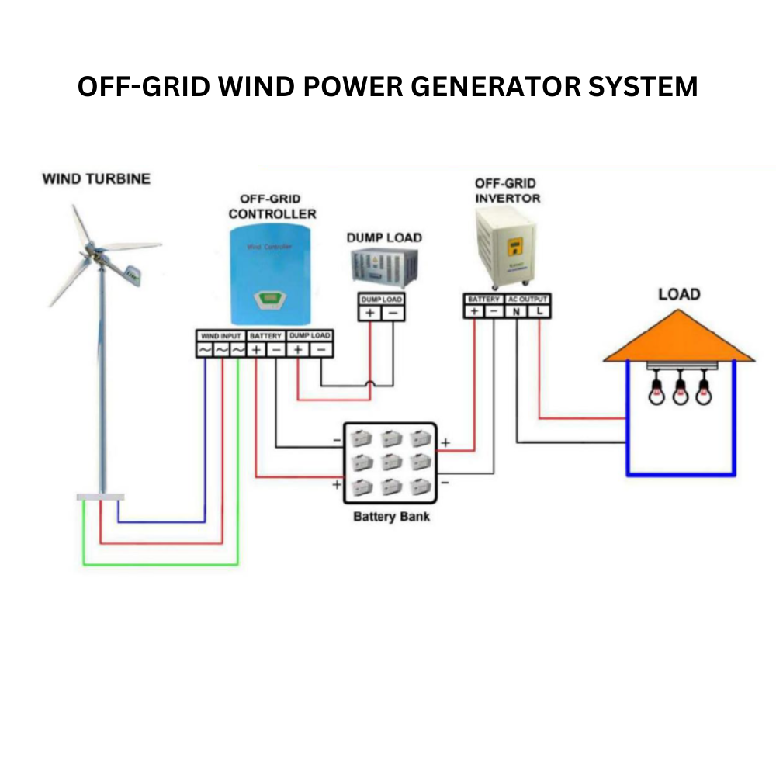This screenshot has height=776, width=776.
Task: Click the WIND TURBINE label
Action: [x=96, y=179]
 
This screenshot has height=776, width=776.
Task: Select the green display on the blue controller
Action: [x=272, y=296]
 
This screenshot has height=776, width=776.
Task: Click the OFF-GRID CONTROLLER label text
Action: [x=272, y=206]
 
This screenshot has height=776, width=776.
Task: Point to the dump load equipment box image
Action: [x=384, y=267]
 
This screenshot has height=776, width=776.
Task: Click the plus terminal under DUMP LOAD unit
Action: [x=370, y=313]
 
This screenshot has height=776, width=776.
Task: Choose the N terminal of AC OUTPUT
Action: [x=516, y=311]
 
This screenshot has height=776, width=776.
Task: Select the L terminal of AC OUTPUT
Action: [x=539, y=311]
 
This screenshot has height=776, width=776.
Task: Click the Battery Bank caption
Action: [x=391, y=516]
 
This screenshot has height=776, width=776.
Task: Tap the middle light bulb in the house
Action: [x=680, y=393]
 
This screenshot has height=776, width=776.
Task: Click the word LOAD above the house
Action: [x=678, y=294]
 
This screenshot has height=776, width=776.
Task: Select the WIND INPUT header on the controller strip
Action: [x=220, y=336]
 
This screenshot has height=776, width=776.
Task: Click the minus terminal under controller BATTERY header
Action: [x=276, y=350]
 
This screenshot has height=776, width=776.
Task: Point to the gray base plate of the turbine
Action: [x=100, y=497]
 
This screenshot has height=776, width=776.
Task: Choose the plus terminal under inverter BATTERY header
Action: [x=473, y=311]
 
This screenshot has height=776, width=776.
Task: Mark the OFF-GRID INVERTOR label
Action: [x=507, y=191]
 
